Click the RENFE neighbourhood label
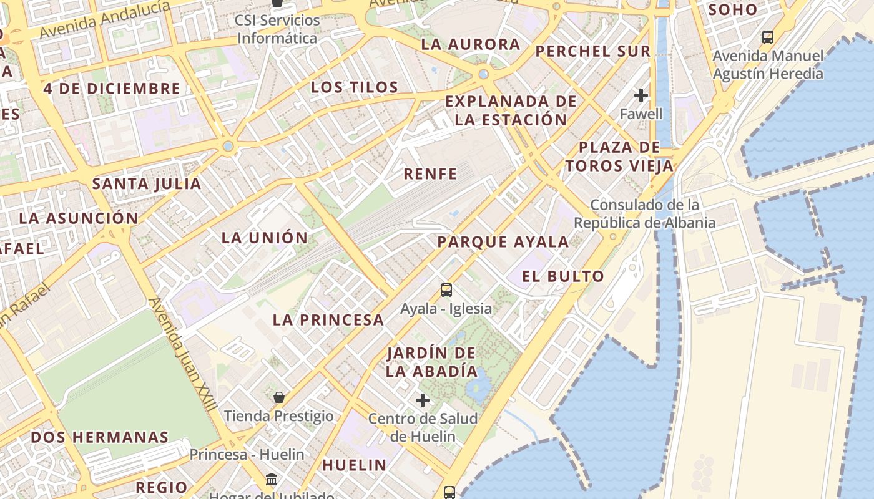pos(430,173)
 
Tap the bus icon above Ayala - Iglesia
pos(446,290)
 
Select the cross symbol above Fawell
pos(641,95)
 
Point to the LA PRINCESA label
pos(328,320)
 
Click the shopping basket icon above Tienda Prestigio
pos(279,397)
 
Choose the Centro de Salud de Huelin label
pos(423,427)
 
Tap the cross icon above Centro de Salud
pos(423,400)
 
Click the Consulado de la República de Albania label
pos(644,214)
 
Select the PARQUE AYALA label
pos(503,242)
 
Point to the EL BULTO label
pos(563,276)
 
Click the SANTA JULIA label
pos(147,184)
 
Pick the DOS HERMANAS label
pos(100,437)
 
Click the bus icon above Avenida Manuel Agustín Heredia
pos(768,37)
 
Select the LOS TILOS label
pos(355,87)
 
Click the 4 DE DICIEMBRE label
pos(112,89)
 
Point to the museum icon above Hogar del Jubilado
pos(272,480)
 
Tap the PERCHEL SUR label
pos(593,51)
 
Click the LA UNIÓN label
pos(265,238)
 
